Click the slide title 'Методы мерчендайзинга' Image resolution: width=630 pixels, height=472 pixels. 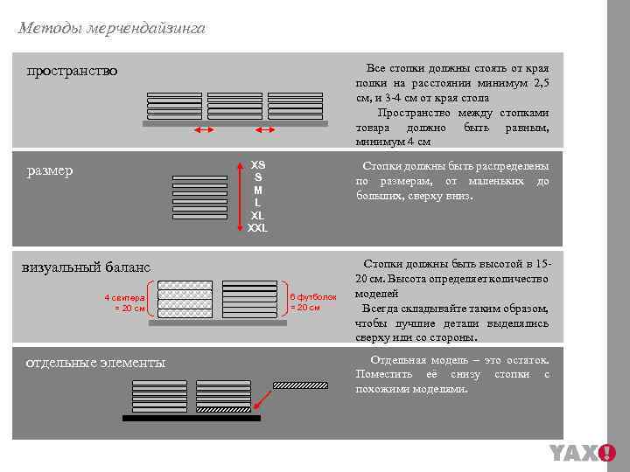click(111, 28)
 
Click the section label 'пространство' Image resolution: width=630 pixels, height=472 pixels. click(72, 70)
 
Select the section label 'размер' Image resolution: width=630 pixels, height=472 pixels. click(50, 170)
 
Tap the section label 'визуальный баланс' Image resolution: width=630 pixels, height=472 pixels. click(86, 267)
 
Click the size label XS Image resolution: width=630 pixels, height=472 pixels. click(257, 164)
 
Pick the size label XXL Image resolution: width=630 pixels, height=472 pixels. click(257, 228)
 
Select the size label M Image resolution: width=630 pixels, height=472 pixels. click(257, 190)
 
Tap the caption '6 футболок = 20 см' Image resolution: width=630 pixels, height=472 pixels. click(312, 302)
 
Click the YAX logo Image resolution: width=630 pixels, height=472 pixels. click(582, 453)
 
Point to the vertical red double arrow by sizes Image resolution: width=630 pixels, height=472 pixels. click(241, 197)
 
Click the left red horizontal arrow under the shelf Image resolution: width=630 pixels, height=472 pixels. click(204, 130)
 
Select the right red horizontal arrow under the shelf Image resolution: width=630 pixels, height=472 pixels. click(264, 130)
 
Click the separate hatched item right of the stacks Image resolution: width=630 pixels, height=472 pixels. click(299, 384)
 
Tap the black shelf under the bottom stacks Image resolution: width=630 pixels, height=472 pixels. click(191, 418)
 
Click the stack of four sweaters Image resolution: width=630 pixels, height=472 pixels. click(185, 299)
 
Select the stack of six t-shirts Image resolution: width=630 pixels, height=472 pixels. click(249, 299)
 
